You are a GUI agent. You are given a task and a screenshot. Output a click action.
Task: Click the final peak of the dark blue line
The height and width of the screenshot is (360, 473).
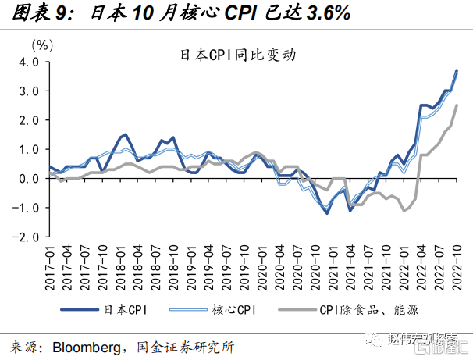coord(456,71)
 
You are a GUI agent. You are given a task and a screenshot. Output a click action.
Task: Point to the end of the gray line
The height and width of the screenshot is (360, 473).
coord(456,106)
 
